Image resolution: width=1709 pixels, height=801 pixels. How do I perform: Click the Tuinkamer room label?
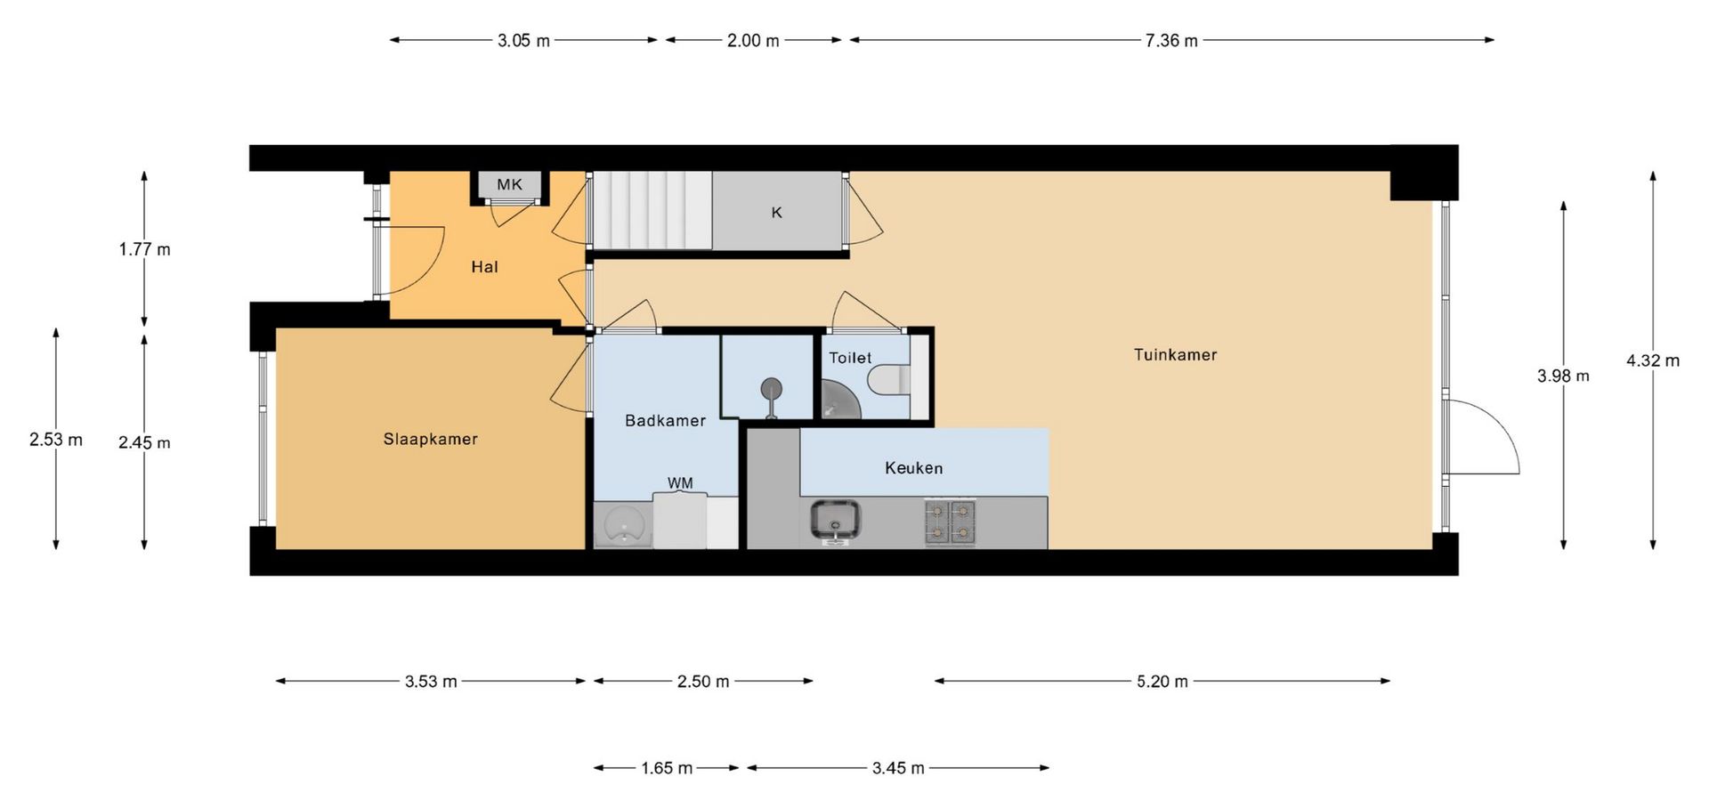[x=1175, y=354]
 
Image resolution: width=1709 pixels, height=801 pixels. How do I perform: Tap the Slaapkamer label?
[x=431, y=439]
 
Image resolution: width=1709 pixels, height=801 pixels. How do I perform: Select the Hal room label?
[x=484, y=267]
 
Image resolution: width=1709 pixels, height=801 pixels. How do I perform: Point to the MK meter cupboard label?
[x=509, y=184]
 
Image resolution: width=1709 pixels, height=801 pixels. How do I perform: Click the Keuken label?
[x=913, y=467]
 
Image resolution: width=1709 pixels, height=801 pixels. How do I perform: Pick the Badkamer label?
[x=665, y=420]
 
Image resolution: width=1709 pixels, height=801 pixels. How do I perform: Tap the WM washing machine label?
[x=680, y=483]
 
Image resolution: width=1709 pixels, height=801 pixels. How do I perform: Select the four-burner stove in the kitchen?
[x=951, y=522]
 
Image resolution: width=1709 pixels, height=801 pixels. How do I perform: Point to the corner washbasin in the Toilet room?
[x=839, y=399]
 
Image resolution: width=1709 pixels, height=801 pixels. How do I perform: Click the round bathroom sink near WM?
[x=623, y=524]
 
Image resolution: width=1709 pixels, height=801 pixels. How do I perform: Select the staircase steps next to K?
[x=652, y=211]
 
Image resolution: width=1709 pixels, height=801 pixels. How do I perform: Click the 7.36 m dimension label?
[x=1171, y=40]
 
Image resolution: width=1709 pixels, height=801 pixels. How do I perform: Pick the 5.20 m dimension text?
[x=1162, y=682]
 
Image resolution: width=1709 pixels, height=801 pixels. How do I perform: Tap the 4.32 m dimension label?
[x=1653, y=360]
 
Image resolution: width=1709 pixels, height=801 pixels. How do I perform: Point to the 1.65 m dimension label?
[x=667, y=767]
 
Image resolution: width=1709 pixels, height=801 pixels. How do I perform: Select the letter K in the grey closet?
[x=776, y=213]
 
